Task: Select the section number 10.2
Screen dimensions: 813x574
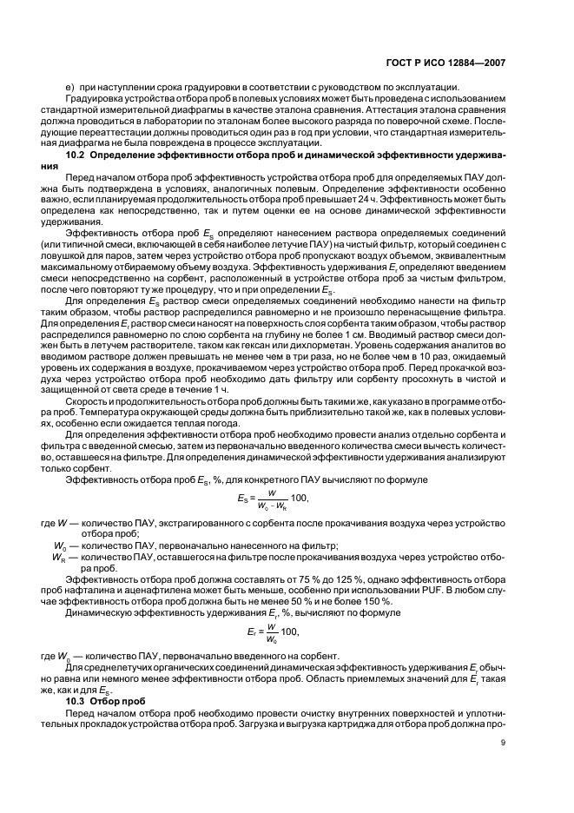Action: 79,155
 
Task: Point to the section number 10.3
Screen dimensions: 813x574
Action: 79,699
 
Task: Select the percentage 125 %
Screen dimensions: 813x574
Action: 312,578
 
